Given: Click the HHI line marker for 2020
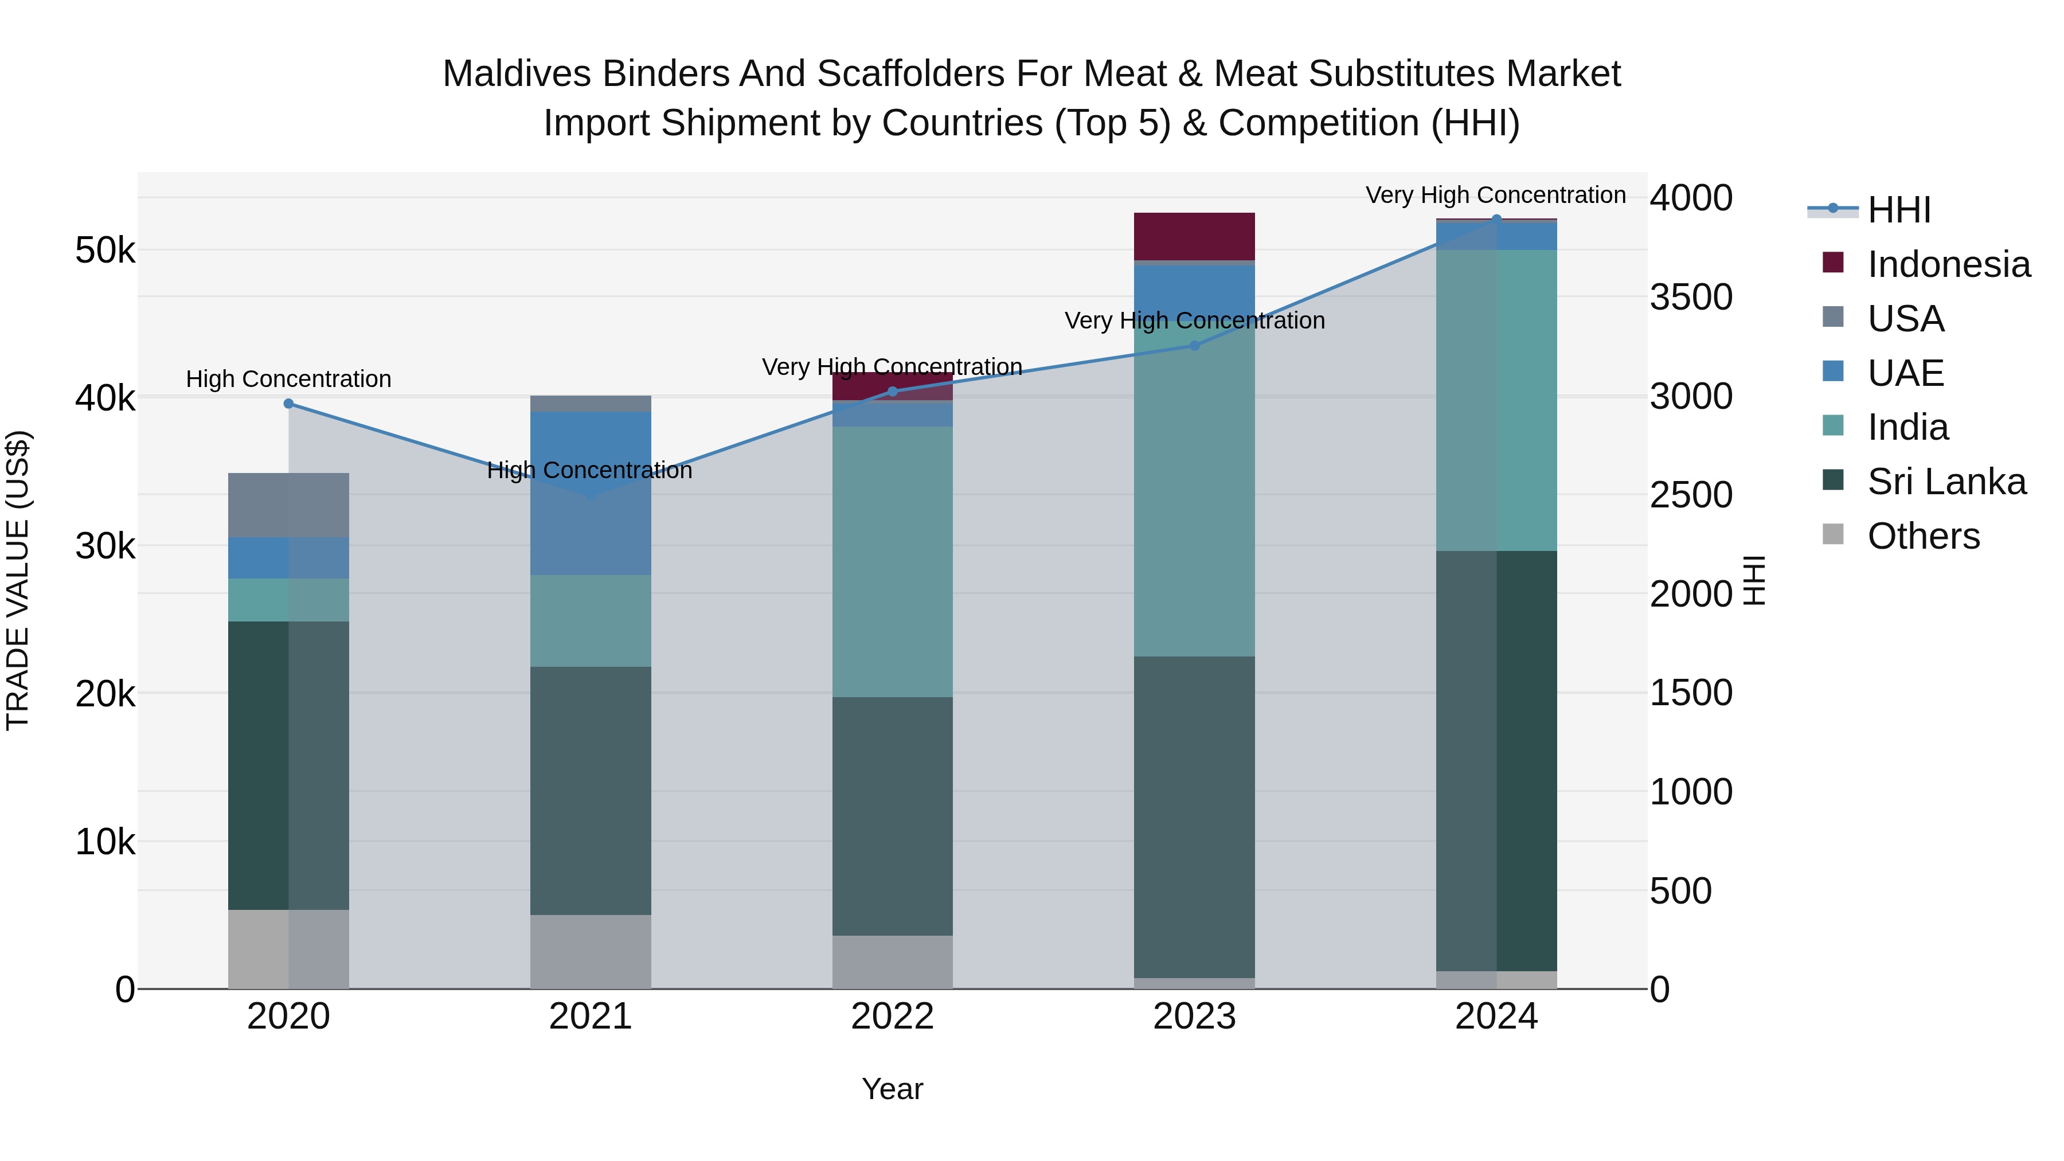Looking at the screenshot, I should click(288, 404).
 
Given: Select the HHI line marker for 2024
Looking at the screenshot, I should click(1496, 220).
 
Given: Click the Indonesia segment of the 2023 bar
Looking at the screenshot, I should click(1194, 236).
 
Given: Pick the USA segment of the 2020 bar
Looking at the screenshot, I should click(288, 505).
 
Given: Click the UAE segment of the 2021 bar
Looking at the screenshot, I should click(591, 492).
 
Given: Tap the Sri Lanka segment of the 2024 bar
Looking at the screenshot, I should click(1496, 761).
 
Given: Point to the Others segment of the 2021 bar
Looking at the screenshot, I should click(591, 951).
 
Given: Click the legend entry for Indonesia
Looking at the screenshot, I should click(1948, 264).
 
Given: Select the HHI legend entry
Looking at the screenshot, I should click(1898, 210).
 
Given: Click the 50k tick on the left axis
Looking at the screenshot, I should click(105, 251).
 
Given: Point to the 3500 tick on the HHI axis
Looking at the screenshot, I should click(1691, 297).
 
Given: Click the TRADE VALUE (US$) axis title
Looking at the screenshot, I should click(18, 580).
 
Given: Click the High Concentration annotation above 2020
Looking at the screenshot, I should click(288, 379).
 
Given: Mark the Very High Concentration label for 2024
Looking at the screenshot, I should click(1495, 196).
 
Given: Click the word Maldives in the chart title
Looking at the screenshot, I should click(516, 74).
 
